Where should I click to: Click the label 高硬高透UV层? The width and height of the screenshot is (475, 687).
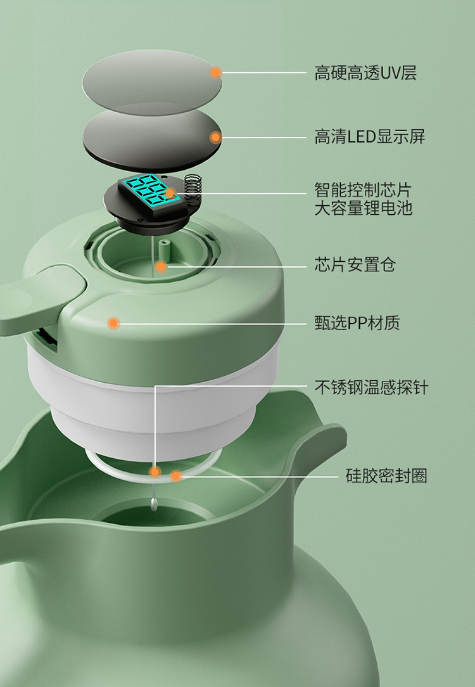365,73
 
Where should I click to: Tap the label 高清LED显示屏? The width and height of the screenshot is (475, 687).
369,137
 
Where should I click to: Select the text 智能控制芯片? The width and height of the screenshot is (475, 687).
363,190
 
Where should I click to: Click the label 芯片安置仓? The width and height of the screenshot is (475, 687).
355,265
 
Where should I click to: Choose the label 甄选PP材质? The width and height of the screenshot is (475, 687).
357,323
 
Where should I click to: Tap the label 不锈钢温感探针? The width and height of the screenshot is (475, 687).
371,387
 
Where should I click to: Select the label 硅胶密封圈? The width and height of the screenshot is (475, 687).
386,476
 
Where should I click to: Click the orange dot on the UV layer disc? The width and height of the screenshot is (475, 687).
215,72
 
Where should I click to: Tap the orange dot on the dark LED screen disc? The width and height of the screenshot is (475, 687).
215,138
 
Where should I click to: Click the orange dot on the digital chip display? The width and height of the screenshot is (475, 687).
170,193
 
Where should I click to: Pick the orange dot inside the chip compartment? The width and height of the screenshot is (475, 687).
161,266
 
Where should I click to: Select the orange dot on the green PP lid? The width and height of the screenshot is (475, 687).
114,323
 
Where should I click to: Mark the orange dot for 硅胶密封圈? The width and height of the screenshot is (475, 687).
176,476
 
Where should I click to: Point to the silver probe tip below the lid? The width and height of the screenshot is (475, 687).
154,504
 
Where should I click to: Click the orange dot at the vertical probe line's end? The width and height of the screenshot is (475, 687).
155,472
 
